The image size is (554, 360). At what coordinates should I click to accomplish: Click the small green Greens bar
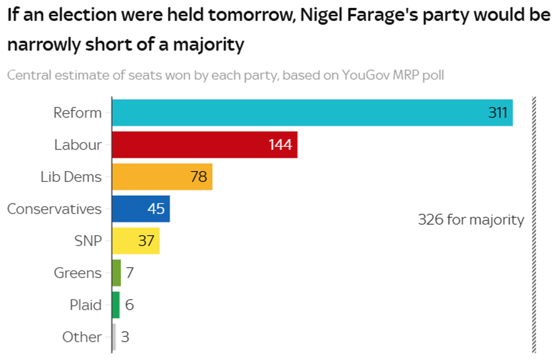(116, 273)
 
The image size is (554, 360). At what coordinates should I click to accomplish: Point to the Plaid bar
(116, 305)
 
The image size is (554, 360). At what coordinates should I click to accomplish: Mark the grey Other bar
(114, 337)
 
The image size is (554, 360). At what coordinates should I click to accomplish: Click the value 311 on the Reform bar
(497, 112)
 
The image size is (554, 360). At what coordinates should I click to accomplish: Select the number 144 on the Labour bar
(280, 145)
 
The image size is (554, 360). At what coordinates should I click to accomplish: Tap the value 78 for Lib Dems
(198, 177)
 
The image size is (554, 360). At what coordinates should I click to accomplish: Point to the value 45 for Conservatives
(156, 209)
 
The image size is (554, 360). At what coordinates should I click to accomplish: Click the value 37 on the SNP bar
(146, 241)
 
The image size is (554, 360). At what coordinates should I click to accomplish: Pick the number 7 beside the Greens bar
(129, 273)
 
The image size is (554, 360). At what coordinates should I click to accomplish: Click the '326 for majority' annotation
(471, 220)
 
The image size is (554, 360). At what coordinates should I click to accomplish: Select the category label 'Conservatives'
(54, 209)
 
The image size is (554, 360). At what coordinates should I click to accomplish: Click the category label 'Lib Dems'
(71, 177)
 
